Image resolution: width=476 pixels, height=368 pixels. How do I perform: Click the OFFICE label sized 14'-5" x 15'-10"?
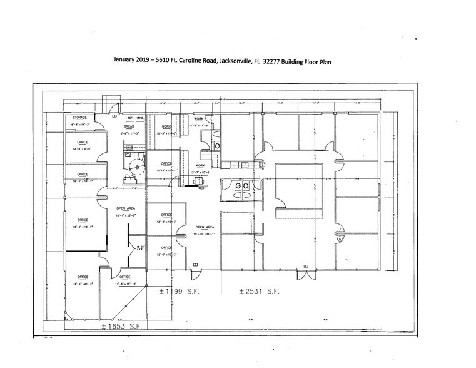124,277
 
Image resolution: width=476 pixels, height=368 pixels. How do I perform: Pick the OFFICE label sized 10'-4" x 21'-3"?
82,277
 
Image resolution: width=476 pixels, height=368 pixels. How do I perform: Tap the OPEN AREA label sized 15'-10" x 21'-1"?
205,227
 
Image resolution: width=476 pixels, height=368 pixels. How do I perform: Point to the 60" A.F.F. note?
140,248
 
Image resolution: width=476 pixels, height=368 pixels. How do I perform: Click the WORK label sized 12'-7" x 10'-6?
200,165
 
